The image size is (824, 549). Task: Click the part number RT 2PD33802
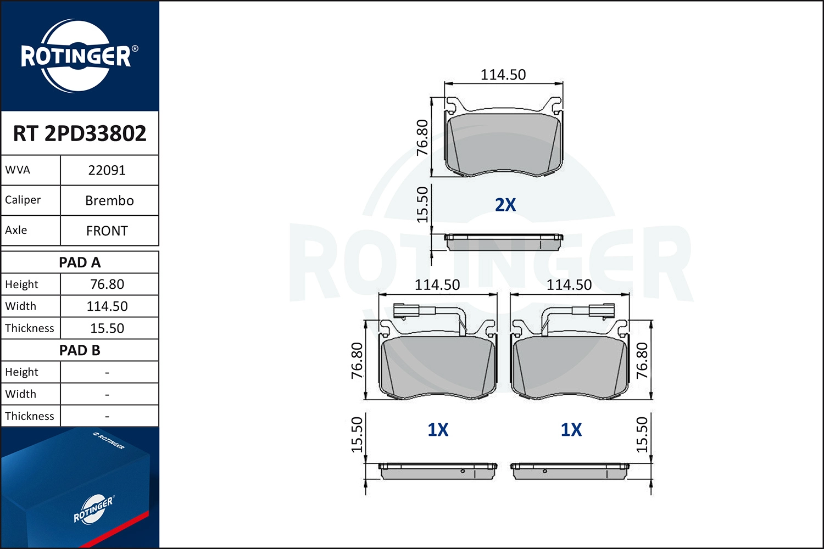[x=80, y=133]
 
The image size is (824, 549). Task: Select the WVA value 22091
[x=107, y=170]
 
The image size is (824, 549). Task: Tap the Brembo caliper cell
[x=109, y=200]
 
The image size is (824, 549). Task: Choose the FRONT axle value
[x=107, y=231]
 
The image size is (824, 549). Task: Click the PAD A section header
[x=80, y=262]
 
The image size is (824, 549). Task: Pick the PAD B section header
[x=80, y=350]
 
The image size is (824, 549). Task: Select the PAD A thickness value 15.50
[x=107, y=328]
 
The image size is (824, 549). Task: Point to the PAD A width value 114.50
[x=107, y=306]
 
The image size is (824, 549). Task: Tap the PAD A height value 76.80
[x=107, y=284]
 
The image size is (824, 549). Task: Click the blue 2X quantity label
[x=505, y=205]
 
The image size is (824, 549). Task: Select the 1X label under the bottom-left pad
[x=438, y=430]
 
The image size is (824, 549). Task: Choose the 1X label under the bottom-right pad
[x=571, y=430]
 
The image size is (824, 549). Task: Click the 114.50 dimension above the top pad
[x=503, y=75]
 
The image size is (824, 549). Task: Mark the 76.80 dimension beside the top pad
[x=422, y=137]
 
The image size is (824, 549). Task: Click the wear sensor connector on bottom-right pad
[x=602, y=311]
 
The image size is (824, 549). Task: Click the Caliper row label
[x=23, y=200]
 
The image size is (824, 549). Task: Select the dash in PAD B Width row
[x=107, y=394]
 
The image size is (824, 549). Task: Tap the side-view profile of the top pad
[x=503, y=242]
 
